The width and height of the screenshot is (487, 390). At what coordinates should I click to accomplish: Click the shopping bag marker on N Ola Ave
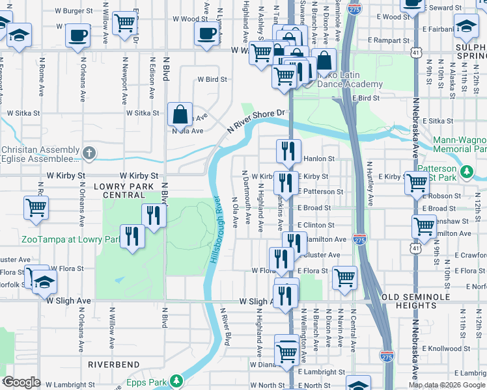click(179, 114)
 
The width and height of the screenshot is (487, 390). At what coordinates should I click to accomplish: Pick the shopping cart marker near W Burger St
click(124, 23)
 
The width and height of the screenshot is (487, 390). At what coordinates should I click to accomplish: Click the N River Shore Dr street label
click(257, 122)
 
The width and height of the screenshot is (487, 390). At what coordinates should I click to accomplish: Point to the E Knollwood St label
click(460, 348)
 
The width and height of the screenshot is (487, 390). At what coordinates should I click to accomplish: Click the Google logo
click(22, 382)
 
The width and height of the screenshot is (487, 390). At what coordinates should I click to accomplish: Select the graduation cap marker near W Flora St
click(45, 282)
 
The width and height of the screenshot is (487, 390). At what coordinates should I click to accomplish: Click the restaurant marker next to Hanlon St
click(287, 151)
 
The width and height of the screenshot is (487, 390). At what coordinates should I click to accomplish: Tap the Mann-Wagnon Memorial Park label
click(460, 144)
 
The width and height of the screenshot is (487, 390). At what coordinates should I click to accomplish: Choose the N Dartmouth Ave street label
click(246, 197)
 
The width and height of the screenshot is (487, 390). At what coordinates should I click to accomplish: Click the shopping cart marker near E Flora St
click(344, 278)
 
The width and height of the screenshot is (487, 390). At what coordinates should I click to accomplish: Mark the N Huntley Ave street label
click(369, 183)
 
